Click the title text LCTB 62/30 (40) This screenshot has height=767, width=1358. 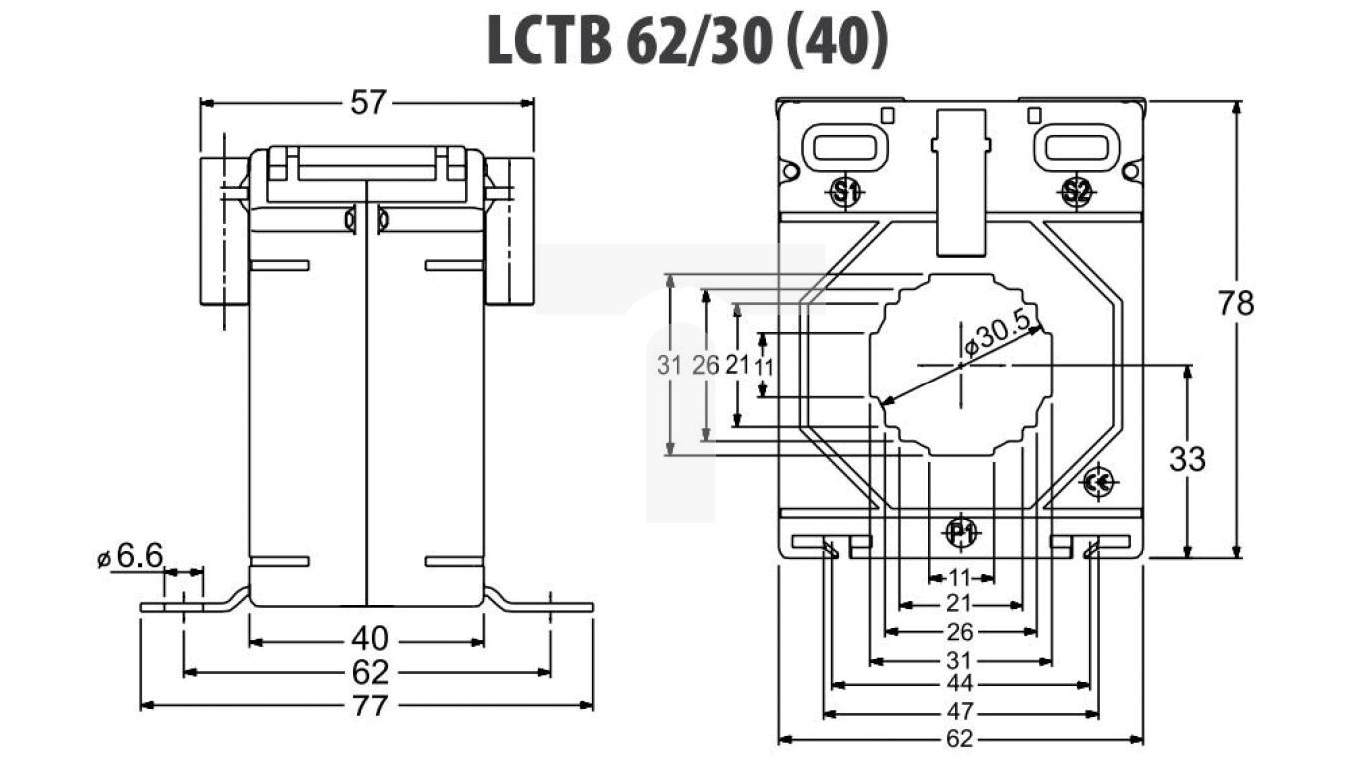tap(686, 42)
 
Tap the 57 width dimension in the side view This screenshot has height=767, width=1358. tap(367, 102)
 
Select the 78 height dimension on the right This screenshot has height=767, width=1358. tap(1236, 302)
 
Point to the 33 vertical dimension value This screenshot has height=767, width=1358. tap(1187, 459)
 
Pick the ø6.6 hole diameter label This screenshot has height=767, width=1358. tap(130, 557)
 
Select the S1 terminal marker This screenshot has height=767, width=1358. tap(846, 192)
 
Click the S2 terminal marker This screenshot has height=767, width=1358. tap(1075, 192)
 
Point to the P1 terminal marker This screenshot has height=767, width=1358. tap(961, 533)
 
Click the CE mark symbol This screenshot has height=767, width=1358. tap(1098, 483)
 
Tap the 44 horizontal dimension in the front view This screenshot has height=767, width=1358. tap(960, 685)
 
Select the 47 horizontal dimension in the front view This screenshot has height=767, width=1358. tap(960, 713)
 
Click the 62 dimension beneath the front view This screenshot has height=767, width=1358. tap(960, 740)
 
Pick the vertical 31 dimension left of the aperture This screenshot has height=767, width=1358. tap(670, 365)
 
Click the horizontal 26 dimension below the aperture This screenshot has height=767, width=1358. tap(960, 632)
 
